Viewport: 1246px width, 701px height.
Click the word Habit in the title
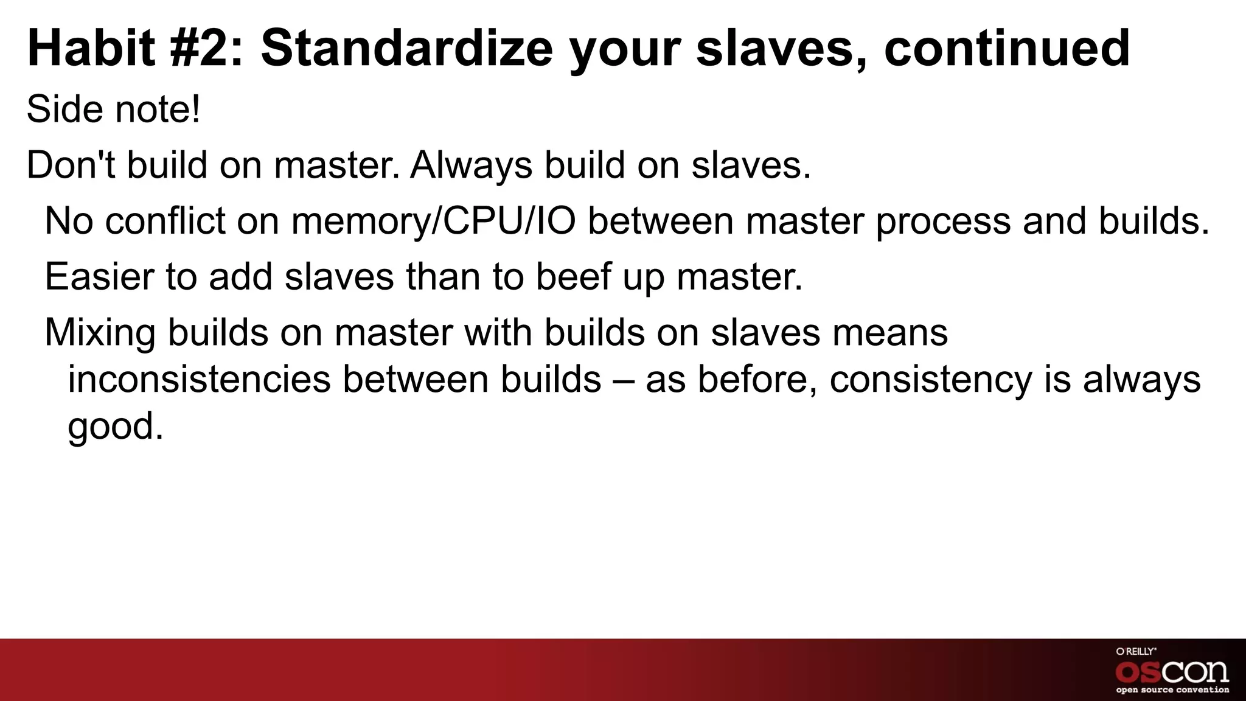click(x=91, y=49)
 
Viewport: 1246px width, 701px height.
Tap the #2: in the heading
click(x=207, y=49)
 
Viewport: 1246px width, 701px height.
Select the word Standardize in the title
click(x=406, y=49)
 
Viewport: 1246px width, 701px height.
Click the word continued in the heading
click(x=1007, y=49)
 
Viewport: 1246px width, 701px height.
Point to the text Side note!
click(x=113, y=110)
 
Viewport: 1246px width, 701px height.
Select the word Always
click(x=471, y=166)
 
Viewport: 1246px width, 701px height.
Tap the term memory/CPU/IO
click(x=433, y=221)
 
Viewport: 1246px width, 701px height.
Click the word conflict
click(x=165, y=221)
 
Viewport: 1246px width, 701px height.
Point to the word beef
click(x=573, y=277)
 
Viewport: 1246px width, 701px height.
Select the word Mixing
click(x=100, y=333)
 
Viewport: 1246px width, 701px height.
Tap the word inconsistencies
click(x=199, y=380)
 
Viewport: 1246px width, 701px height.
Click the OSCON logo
click(x=1172, y=672)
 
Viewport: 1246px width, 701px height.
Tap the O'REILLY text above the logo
click(x=1136, y=651)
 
